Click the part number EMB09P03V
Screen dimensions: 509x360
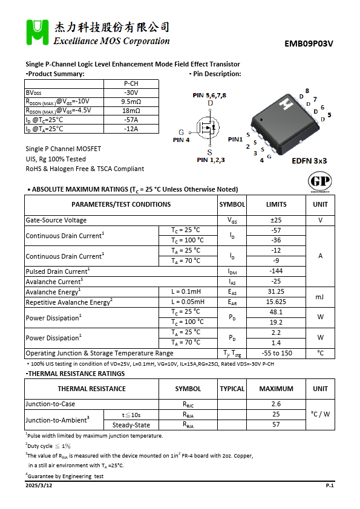pyautogui.click(x=309, y=44)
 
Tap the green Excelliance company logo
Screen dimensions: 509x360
pyautogui.click(x=37, y=33)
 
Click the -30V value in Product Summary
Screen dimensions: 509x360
pyautogui.click(x=131, y=92)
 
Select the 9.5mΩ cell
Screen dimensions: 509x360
pyautogui.click(x=131, y=102)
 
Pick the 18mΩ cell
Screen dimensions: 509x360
pyautogui.click(x=131, y=111)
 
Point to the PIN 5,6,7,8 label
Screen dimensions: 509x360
pyautogui.click(x=209, y=96)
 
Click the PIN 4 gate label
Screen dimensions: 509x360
pyautogui.click(x=181, y=140)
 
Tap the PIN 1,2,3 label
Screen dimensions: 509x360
pyautogui.click(x=211, y=160)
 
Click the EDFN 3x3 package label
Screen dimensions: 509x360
pyautogui.click(x=309, y=161)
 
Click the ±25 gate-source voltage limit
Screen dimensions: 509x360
pyautogui.click(x=276, y=220)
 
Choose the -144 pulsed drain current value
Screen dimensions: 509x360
pyautogui.click(x=276, y=271)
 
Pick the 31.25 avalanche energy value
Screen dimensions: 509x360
pyautogui.click(x=276, y=291)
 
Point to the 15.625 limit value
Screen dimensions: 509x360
pyautogui.click(x=276, y=302)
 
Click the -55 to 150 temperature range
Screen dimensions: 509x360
pyautogui.click(x=276, y=353)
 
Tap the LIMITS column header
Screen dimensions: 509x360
pyautogui.click(x=276, y=204)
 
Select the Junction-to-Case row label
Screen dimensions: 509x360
pyautogui.click(x=50, y=404)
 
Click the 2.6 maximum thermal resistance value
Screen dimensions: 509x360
pyautogui.click(x=276, y=404)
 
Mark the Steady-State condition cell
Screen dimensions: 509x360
pyautogui.click(x=131, y=425)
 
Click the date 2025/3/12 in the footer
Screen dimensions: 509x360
pyautogui.click(x=39, y=486)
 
